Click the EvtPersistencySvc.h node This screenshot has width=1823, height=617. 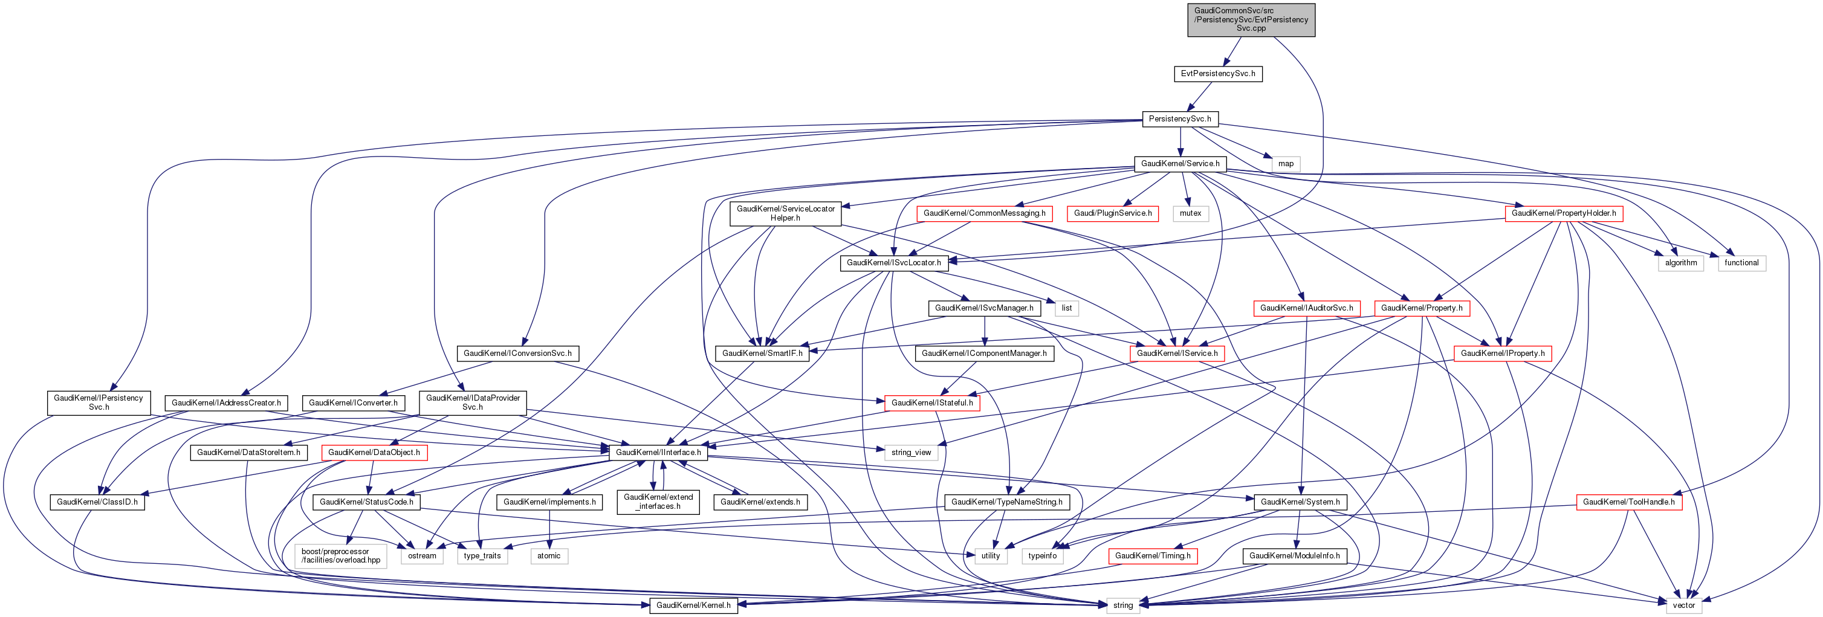pyautogui.click(x=1217, y=74)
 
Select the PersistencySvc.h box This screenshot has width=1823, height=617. pyautogui.click(x=1179, y=119)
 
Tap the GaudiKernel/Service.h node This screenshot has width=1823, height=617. pyautogui.click(x=1180, y=163)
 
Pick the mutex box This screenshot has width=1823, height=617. pyautogui.click(x=1190, y=213)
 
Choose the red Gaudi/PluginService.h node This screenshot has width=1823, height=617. pyautogui.click(x=1113, y=213)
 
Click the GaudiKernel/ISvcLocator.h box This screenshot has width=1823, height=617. pyautogui.click(x=894, y=262)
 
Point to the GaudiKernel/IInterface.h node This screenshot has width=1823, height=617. pyautogui.click(x=658, y=452)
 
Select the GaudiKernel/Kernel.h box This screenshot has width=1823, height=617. pyautogui.click(x=693, y=605)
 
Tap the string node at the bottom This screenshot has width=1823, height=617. pyautogui.click(x=1122, y=605)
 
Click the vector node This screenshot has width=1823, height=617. pyautogui.click(x=1683, y=605)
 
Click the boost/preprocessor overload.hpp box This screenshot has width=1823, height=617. pyautogui.click(x=340, y=555)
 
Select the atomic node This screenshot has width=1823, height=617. pyautogui.click(x=548, y=555)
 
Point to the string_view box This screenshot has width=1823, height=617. pyautogui.click(x=911, y=452)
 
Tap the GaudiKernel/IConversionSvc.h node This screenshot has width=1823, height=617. pyautogui.click(x=517, y=353)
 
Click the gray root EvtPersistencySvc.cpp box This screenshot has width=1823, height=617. pyautogui.click(x=1251, y=19)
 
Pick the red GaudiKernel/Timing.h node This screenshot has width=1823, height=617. pyautogui.click(x=1153, y=555)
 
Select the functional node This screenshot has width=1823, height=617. pyautogui.click(x=1741, y=262)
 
